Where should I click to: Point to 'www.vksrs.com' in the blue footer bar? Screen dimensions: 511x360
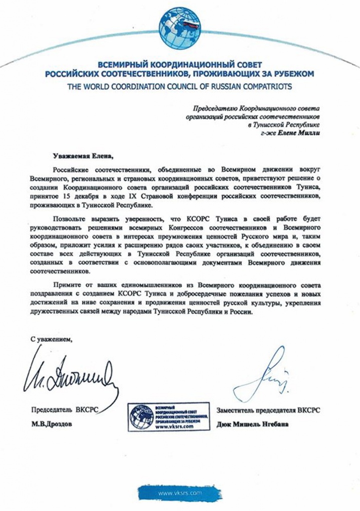click(x=179, y=492)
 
